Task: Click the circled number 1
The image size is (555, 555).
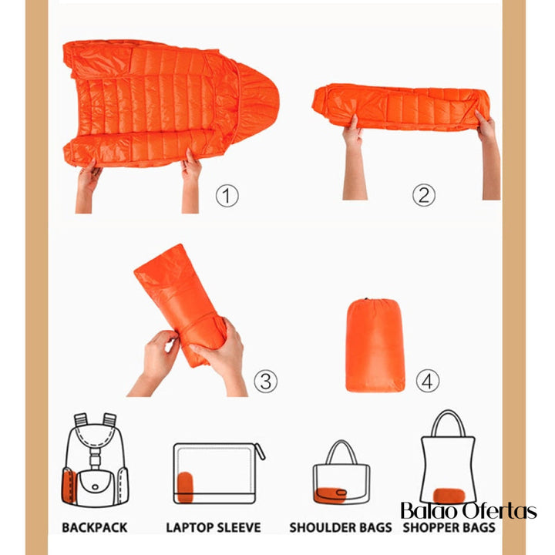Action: coord(227,196)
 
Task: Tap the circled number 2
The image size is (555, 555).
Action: coord(424,195)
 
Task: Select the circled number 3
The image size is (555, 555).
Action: coord(265,382)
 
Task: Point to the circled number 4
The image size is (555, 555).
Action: coord(428,381)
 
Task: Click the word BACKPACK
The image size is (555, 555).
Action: coord(95,527)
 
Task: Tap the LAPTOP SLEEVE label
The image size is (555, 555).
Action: coord(214,527)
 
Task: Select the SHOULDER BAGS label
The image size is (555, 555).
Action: coord(341,527)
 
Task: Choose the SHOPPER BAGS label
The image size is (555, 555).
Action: coord(449,527)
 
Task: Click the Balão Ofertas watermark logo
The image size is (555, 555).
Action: coord(469,510)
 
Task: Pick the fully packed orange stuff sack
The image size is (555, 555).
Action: coord(375,345)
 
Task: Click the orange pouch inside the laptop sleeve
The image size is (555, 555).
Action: coord(185,487)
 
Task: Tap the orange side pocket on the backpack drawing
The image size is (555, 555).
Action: coord(69,486)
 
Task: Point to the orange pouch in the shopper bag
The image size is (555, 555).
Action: coord(449,496)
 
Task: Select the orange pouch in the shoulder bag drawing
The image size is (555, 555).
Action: coord(331,495)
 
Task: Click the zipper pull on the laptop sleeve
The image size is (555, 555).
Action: coord(260,451)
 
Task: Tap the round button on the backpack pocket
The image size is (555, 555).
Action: coord(96,487)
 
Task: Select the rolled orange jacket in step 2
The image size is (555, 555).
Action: coord(401,107)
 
